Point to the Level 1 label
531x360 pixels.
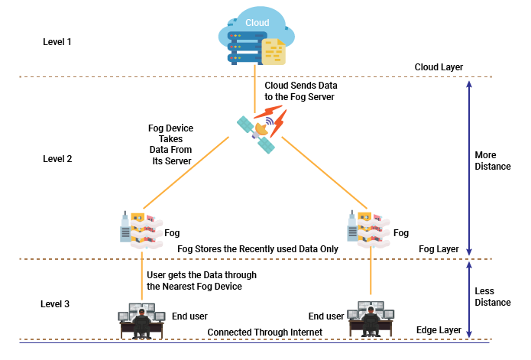click(57, 41)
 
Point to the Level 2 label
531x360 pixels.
click(57, 159)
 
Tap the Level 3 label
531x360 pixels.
click(55, 304)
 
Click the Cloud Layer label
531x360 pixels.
click(439, 67)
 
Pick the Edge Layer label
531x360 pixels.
click(439, 329)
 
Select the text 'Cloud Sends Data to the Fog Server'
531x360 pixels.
click(300, 91)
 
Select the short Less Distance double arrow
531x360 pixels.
click(469, 299)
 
